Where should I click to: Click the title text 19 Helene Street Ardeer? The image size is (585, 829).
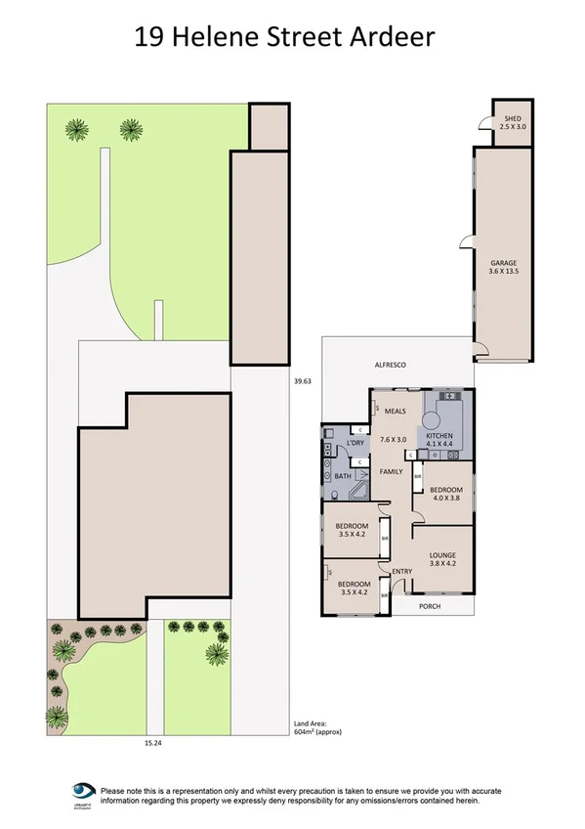click(x=283, y=37)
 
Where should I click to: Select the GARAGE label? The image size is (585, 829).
click(x=503, y=262)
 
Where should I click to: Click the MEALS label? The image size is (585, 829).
click(x=395, y=412)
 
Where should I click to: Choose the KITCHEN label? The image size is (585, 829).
click(x=439, y=435)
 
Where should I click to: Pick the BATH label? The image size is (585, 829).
click(x=343, y=476)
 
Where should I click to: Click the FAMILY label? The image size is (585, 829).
click(x=392, y=471)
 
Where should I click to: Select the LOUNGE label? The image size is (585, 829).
click(x=443, y=553)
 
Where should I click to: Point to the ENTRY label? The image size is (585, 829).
click(x=401, y=572)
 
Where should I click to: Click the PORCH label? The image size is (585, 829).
click(x=430, y=606)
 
